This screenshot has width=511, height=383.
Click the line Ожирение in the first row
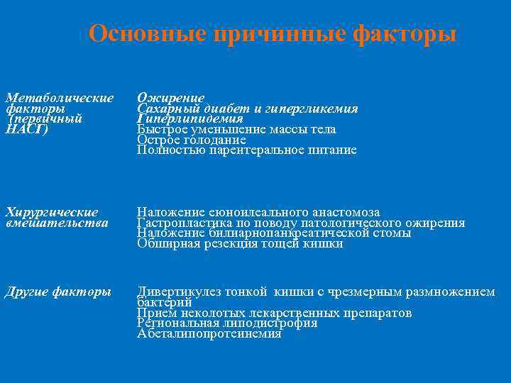[171, 98]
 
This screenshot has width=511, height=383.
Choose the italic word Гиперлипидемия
[190, 119]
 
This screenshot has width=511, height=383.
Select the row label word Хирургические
[52, 212]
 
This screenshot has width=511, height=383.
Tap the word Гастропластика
[180, 223]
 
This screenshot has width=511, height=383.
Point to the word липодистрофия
[272, 323]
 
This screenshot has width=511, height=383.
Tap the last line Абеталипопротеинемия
[209, 333]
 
